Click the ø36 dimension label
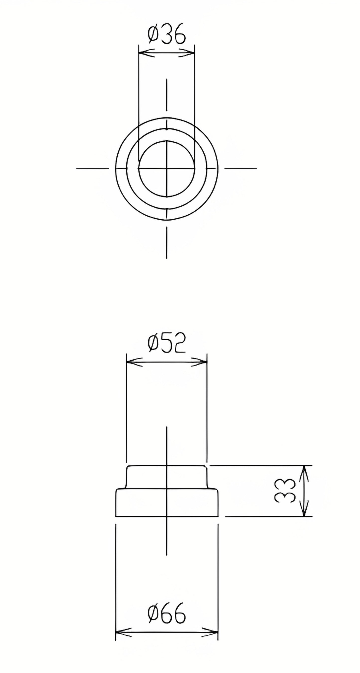[x=166, y=34]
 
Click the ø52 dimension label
[x=166, y=343]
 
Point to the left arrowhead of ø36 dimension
[x=143, y=53]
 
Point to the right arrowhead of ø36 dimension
[x=191, y=53]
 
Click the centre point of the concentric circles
[x=166, y=169]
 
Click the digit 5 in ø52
[x=167, y=343]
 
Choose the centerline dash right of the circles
[x=240, y=169]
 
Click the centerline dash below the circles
[x=166, y=243]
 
